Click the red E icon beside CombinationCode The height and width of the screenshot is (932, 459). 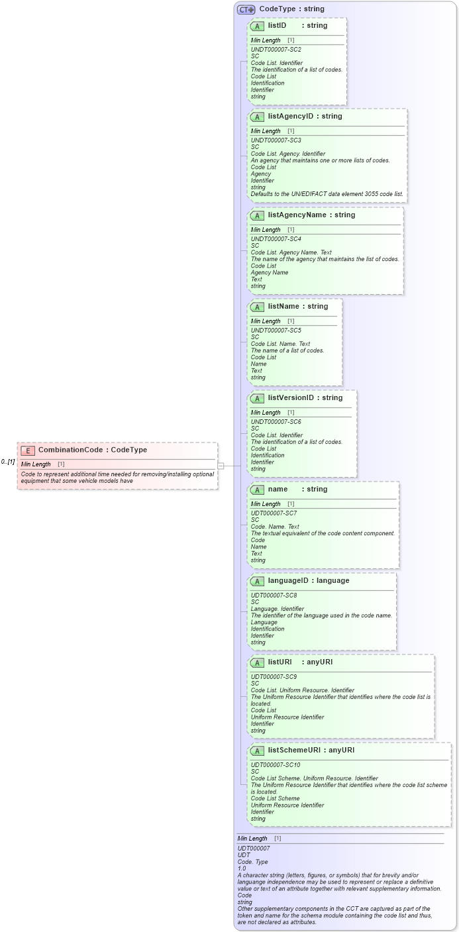[x=28, y=450]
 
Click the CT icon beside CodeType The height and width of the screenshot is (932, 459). [x=246, y=9]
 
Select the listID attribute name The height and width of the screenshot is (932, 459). [x=277, y=25]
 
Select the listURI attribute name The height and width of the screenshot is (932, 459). [x=280, y=662]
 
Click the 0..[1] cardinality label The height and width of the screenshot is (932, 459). [x=8, y=462]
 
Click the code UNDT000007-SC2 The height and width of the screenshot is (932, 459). [x=276, y=50]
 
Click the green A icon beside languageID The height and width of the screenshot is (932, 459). [x=257, y=581]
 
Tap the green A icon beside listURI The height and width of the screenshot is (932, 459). [x=257, y=662]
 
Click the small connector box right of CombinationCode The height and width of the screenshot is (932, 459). [x=221, y=466]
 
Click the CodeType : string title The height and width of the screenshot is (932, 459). [x=291, y=9]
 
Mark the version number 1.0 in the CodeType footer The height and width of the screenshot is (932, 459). [x=242, y=868]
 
